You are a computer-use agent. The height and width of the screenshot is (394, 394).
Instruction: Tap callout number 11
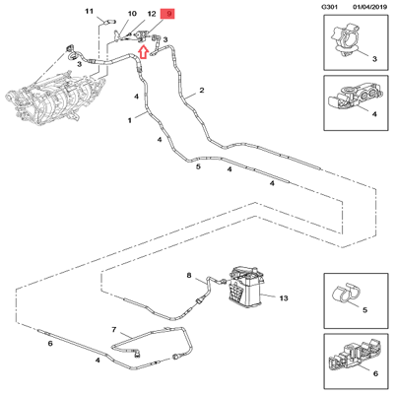[x=89, y=12]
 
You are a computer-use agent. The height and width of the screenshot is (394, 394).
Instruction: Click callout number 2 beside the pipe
[x=202, y=91]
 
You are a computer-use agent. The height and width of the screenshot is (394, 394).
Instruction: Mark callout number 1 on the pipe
[x=129, y=119]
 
